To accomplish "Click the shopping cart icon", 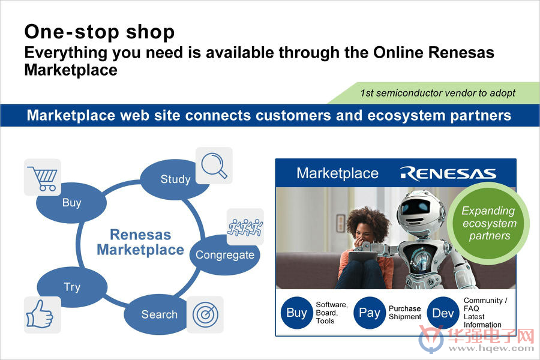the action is point(43,178).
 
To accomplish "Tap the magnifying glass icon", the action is point(214,166).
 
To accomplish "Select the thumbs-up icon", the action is point(40,314).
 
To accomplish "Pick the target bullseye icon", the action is point(205,314).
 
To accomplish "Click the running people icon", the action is point(245,227).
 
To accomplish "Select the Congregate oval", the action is point(224,255).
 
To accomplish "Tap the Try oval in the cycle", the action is point(72,287).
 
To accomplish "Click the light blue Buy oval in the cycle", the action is point(71,203).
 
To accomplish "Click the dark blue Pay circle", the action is point(370,313).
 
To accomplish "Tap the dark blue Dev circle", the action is point(443,313).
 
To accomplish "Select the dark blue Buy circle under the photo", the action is point(297,313).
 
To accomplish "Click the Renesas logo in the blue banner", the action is point(448,173).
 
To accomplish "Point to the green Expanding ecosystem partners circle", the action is point(488,223).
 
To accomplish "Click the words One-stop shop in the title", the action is point(100,32).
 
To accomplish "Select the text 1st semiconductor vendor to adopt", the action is point(438,93).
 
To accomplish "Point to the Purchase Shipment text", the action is point(405,313).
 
